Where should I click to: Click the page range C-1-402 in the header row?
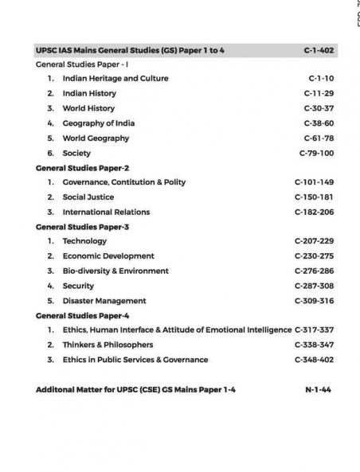[x=319, y=50]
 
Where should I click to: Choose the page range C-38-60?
[x=319, y=123]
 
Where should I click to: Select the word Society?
[x=76, y=153]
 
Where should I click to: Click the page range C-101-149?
[x=314, y=182]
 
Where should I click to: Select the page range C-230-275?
[x=314, y=256]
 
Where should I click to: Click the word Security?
[x=79, y=286]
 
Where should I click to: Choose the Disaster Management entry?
[x=104, y=301]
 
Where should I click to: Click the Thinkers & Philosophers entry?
[x=108, y=345]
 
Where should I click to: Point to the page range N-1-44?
[x=318, y=390]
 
